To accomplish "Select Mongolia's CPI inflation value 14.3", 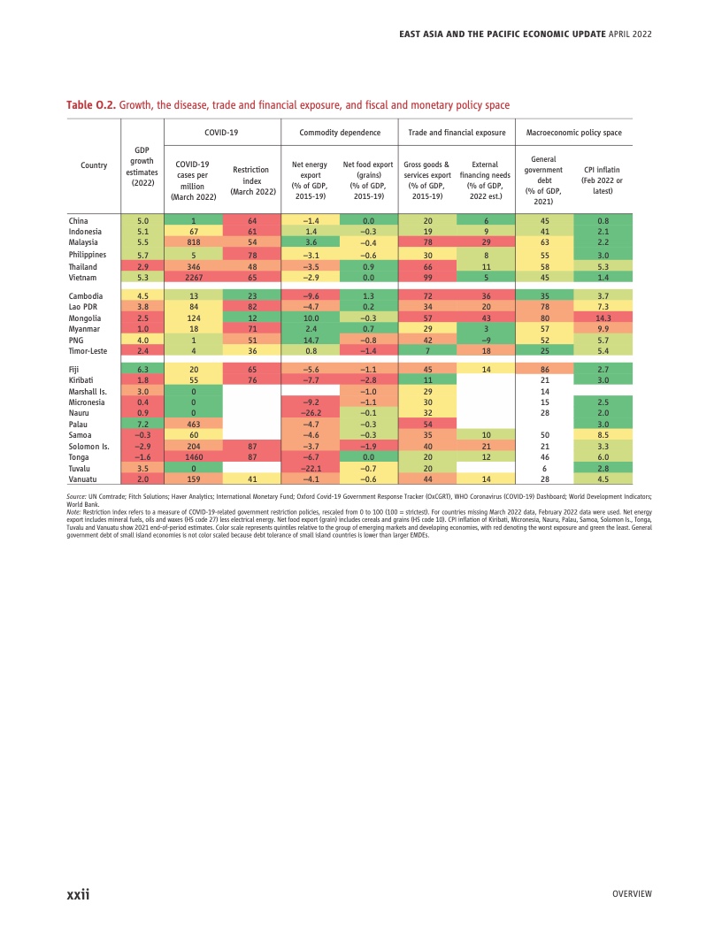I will tap(603, 318).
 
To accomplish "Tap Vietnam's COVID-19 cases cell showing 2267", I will tap(192, 276).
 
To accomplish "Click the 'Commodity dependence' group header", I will tap(340, 133).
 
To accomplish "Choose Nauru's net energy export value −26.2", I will tap(311, 412).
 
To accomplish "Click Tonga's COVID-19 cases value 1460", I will tap(192, 456).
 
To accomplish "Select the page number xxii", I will tap(79, 894).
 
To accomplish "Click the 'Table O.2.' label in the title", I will tap(91, 105).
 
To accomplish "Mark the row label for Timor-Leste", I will tap(89, 350).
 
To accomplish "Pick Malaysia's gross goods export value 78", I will tap(427, 241).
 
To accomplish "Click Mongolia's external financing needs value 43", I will tap(486, 318).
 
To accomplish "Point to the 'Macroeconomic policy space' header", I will tap(573, 133).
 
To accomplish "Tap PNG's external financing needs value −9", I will tap(486, 340).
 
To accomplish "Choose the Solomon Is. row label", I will tap(89, 446).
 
